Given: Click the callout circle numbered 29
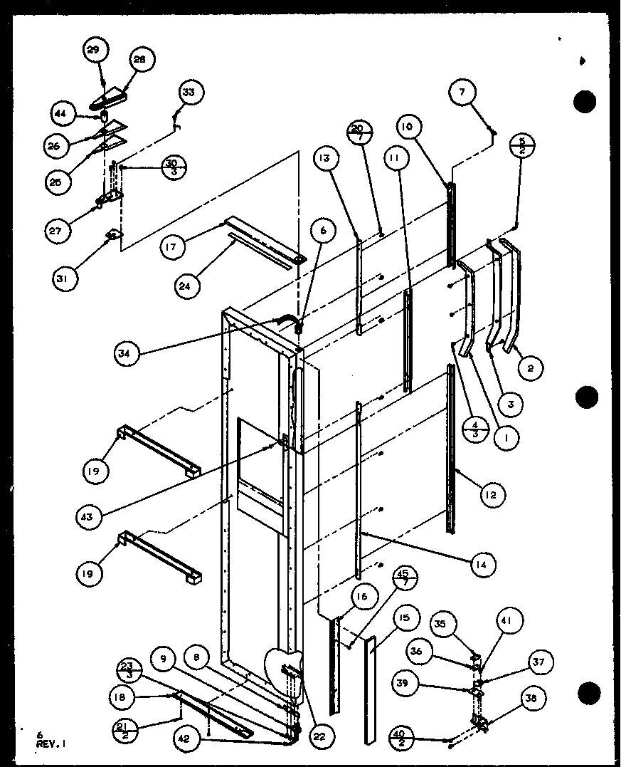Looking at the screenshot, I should pyautogui.click(x=94, y=51).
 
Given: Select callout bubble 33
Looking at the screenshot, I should pyautogui.click(x=189, y=93).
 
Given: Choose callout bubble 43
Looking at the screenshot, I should pyautogui.click(x=90, y=514).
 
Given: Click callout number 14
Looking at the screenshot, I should pyautogui.click(x=482, y=565).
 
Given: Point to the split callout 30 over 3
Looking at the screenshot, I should pyautogui.click(x=171, y=166).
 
